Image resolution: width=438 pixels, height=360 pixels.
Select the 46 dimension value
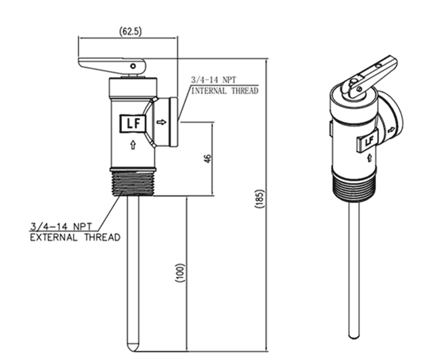pos(207,159)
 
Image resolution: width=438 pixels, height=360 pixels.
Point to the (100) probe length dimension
pos(179,275)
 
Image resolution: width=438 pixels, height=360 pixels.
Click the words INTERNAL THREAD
pos(225,91)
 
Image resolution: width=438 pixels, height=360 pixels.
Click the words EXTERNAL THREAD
pos(75,237)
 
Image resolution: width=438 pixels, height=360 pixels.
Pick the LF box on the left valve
pos(133,124)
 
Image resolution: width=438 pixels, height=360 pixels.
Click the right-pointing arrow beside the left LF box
pos(161,123)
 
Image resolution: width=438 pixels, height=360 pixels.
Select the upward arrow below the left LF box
pos(133,144)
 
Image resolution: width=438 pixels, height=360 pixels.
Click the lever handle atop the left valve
pos(112,64)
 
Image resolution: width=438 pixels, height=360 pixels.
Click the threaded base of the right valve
pos(354,187)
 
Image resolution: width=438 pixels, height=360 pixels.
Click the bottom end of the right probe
pos(354,336)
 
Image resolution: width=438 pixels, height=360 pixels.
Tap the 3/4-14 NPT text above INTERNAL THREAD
pos(213,80)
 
